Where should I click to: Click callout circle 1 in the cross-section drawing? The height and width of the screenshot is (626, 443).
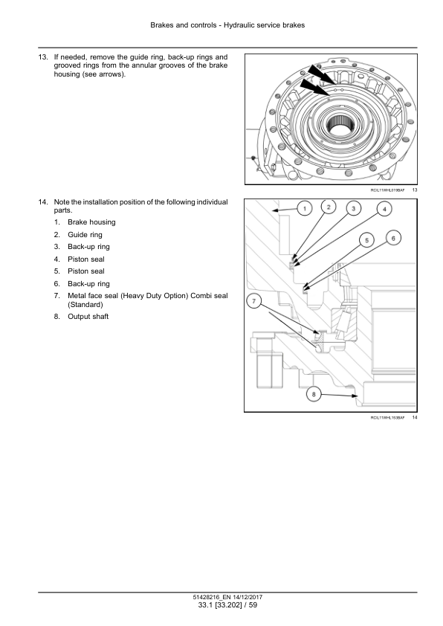(x=305, y=208)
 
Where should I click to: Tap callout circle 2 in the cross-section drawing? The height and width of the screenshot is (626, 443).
(x=329, y=207)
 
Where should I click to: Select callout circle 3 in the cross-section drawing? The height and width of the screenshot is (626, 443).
(x=354, y=208)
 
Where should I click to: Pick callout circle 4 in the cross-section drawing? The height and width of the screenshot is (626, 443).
(x=385, y=209)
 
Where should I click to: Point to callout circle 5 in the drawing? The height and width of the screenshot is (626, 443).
(x=366, y=240)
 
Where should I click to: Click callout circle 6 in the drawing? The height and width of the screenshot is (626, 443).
(x=393, y=239)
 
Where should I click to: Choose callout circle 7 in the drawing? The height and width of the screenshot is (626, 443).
(x=254, y=300)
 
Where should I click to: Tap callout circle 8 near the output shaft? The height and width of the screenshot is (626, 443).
(x=314, y=395)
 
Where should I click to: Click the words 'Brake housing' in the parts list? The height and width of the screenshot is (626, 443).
(x=91, y=222)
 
